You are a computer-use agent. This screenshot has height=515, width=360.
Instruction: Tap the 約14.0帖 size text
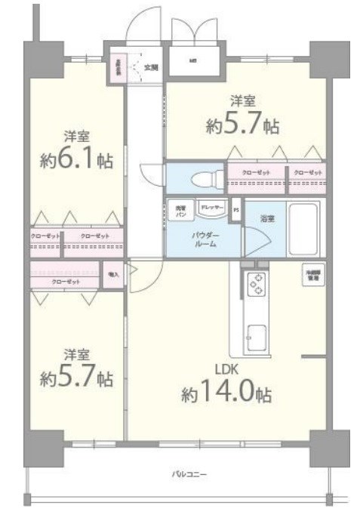point(226,393)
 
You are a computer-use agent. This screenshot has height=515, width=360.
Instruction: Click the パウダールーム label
point(205,239)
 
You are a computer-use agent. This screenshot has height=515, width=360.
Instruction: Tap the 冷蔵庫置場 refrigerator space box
point(310,275)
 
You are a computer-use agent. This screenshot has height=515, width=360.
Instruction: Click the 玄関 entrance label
point(151,67)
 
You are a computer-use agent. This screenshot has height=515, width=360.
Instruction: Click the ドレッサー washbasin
point(211,207)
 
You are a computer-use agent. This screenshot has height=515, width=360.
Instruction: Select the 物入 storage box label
point(112,275)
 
